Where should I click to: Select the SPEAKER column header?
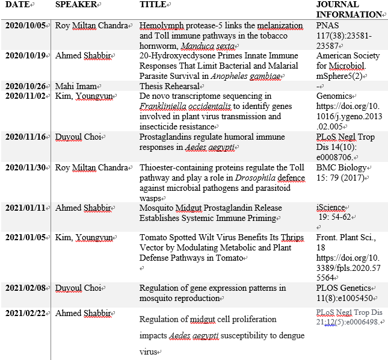click(77, 5)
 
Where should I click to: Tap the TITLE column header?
click(153, 5)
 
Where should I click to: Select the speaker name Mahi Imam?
click(76, 86)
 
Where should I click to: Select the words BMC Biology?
click(341, 168)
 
